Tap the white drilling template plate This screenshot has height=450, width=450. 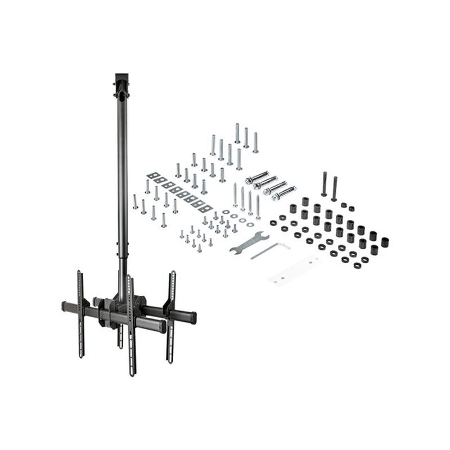(294, 270)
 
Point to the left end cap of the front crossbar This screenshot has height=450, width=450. (64, 307)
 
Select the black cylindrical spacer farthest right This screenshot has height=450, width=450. (385, 242)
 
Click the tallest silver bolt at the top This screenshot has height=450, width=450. (237, 133)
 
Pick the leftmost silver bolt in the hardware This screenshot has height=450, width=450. (135, 201)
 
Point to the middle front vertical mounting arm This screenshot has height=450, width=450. (131, 326)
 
